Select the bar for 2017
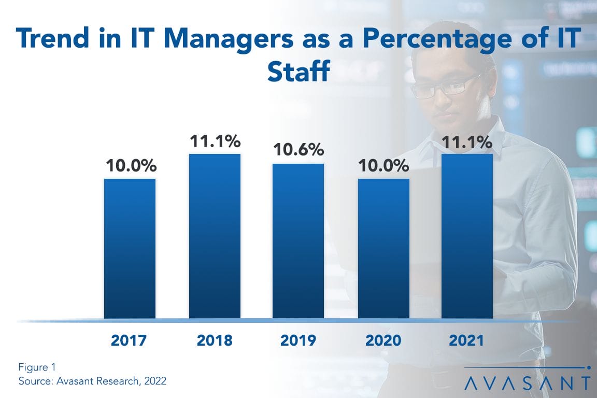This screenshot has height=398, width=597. pyautogui.click(x=130, y=248)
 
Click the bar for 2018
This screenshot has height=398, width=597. pyautogui.click(x=215, y=236)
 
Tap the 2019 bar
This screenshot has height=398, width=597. pyautogui.click(x=298, y=241)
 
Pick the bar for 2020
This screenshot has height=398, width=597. pyautogui.click(x=383, y=248)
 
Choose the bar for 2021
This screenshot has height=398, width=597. pyautogui.click(x=467, y=236)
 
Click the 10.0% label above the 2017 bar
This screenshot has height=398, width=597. pyautogui.click(x=130, y=166)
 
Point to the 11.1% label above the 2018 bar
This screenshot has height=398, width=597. pyautogui.click(x=215, y=141)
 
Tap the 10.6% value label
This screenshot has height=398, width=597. pyautogui.click(x=298, y=150)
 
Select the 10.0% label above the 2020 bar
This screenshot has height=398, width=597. pyautogui.click(x=383, y=166)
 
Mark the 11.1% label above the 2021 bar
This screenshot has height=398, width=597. pyautogui.click(x=467, y=141)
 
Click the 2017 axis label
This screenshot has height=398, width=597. pyautogui.click(x=130, y=340)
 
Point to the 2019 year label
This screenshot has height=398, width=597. pyautogui.click(x=298, y=340)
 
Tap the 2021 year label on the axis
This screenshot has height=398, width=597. pyautogui.click(x=466, y=340)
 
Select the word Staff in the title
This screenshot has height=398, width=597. pyautogui.click(x=298, y=72)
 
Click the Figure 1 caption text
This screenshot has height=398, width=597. pyautogui.click(x=37, y=367)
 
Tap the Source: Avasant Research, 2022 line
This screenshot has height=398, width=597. pyautogui.click(x=92, y=381)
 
